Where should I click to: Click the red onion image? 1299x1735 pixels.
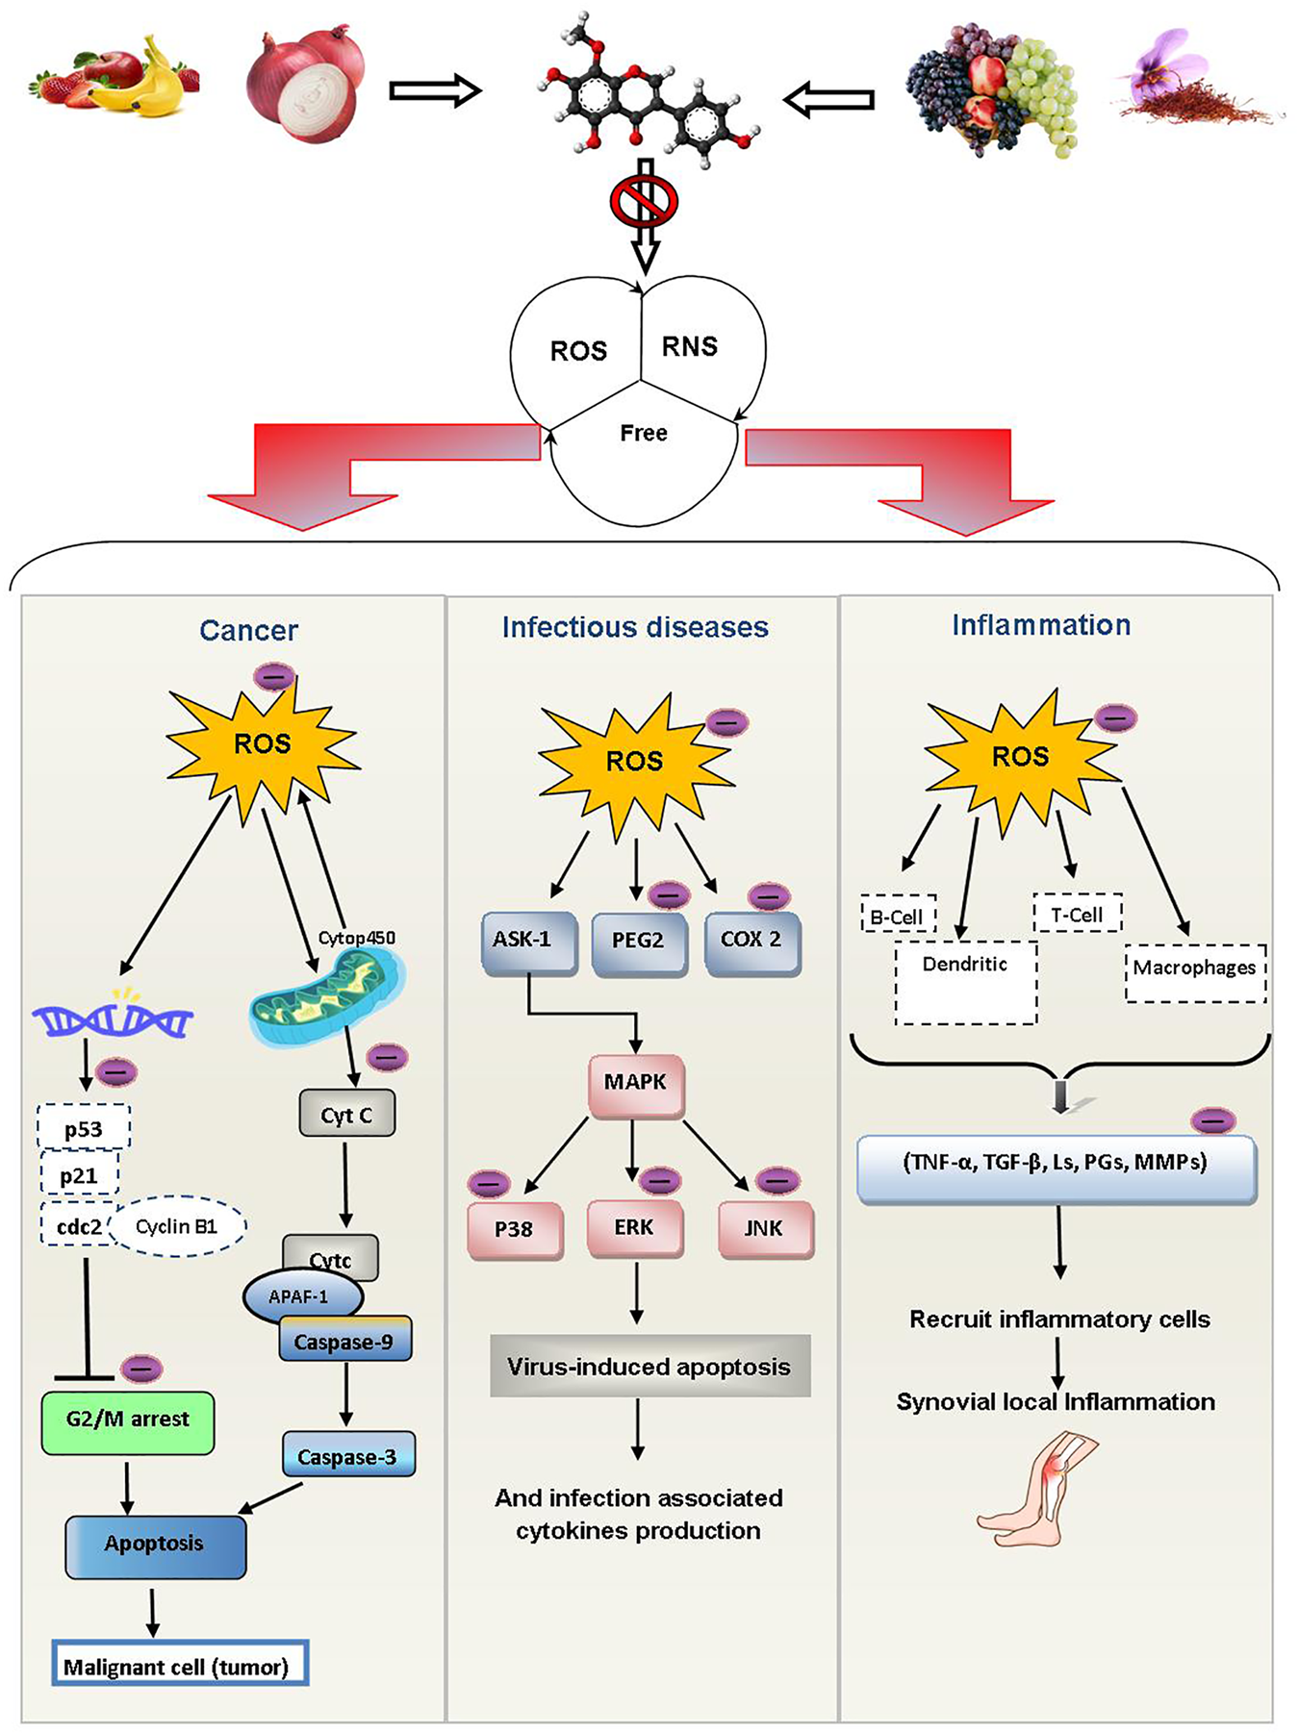click(x=306, y=85)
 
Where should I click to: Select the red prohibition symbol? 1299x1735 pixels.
click(x=645, y=201)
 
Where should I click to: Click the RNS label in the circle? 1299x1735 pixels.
click(x=689, y=346)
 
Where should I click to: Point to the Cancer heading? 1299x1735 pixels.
click(x=248, y=630)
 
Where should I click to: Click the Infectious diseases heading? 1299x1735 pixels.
click(x=635, y=627)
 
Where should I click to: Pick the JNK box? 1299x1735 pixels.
click(x=765, y=1230)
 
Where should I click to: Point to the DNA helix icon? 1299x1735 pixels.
click(x=112, y=1019)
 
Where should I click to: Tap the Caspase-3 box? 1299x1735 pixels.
click(x=347, y=1456)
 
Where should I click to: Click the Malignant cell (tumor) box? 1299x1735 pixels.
click(x=179, y=1666)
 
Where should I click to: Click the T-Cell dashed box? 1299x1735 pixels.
click(x=1077, y=914)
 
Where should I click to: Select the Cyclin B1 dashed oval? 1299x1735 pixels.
click(x=177, y=1226)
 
